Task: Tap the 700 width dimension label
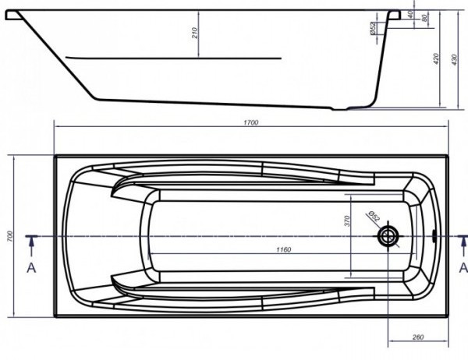click(x=7, y=236)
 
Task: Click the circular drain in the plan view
click(x=388, y=236)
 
